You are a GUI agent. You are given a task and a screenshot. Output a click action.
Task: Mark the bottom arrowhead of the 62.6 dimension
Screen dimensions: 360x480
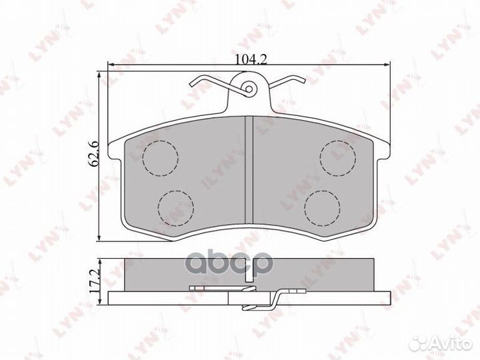(99, 238)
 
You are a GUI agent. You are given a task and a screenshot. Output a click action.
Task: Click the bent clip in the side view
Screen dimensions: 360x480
(267, 301)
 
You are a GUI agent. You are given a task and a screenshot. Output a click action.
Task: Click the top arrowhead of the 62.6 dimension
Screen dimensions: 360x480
(99, 77)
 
